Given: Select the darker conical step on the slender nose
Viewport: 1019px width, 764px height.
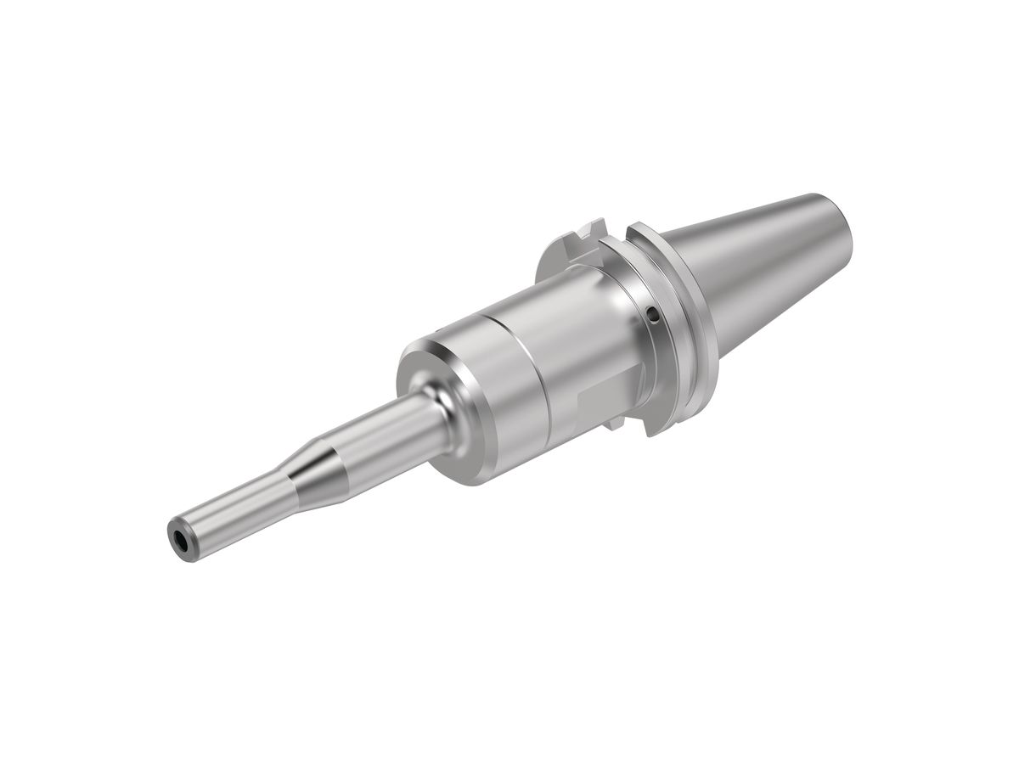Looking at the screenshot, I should (310, 472).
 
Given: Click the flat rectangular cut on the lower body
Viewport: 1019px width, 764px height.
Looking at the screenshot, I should (605, 399).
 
